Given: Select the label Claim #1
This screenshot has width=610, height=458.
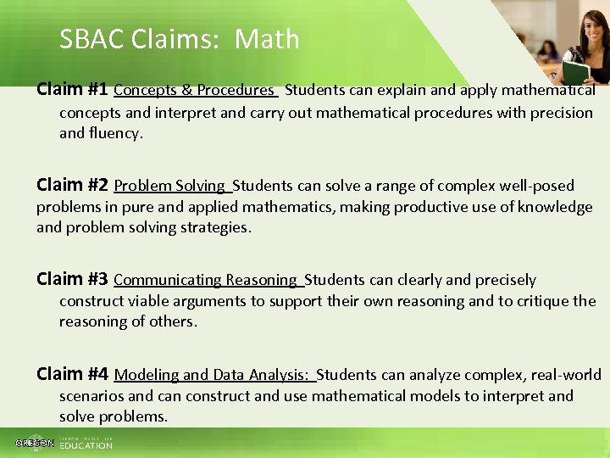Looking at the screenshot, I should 72,89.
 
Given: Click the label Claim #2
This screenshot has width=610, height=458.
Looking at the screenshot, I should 72,185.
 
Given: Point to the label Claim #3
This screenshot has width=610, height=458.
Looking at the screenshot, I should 72,279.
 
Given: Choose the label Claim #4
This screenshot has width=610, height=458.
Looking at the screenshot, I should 72,374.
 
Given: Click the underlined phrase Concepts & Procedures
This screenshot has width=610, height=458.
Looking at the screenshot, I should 194,90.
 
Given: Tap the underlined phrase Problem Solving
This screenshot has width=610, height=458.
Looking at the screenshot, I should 169,186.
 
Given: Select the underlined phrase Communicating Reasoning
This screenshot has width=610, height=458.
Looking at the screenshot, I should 206,280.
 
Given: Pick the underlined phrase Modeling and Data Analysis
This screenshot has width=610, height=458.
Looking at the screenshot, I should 213,375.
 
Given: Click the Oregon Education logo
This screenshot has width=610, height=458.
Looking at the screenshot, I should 64,443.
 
